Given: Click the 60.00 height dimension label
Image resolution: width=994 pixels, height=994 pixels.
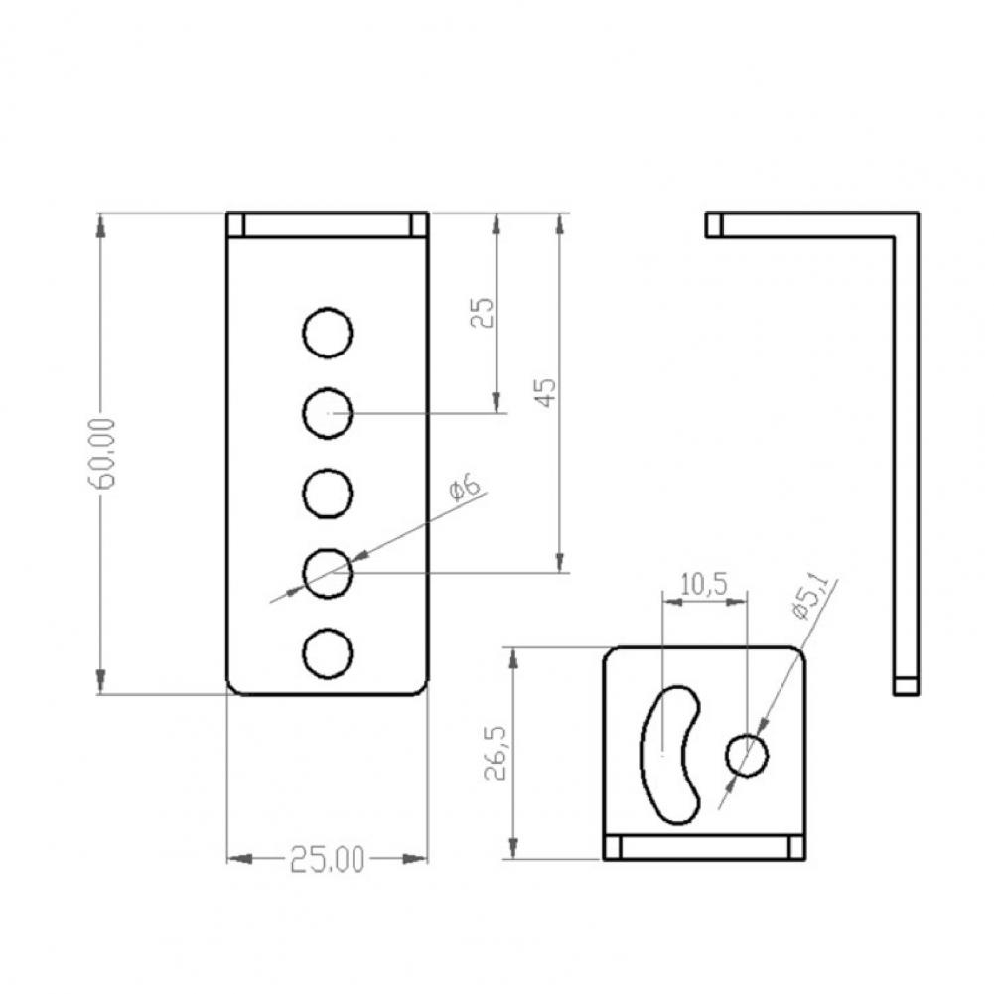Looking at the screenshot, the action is (x=101, y=453).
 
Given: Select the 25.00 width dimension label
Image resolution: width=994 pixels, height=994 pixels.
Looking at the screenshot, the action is (x=328, y=860).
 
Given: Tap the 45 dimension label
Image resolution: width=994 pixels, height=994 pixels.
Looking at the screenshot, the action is (x=546, y=392).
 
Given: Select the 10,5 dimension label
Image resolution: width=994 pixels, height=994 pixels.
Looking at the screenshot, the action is (x=704, y=585).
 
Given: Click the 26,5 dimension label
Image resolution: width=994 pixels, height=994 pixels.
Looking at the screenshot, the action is (x=496, y=753).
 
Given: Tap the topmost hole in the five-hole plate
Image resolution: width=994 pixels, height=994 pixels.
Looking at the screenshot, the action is (x=327, y=333).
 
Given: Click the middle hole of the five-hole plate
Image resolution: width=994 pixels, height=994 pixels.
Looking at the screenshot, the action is (x=327, y=494).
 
